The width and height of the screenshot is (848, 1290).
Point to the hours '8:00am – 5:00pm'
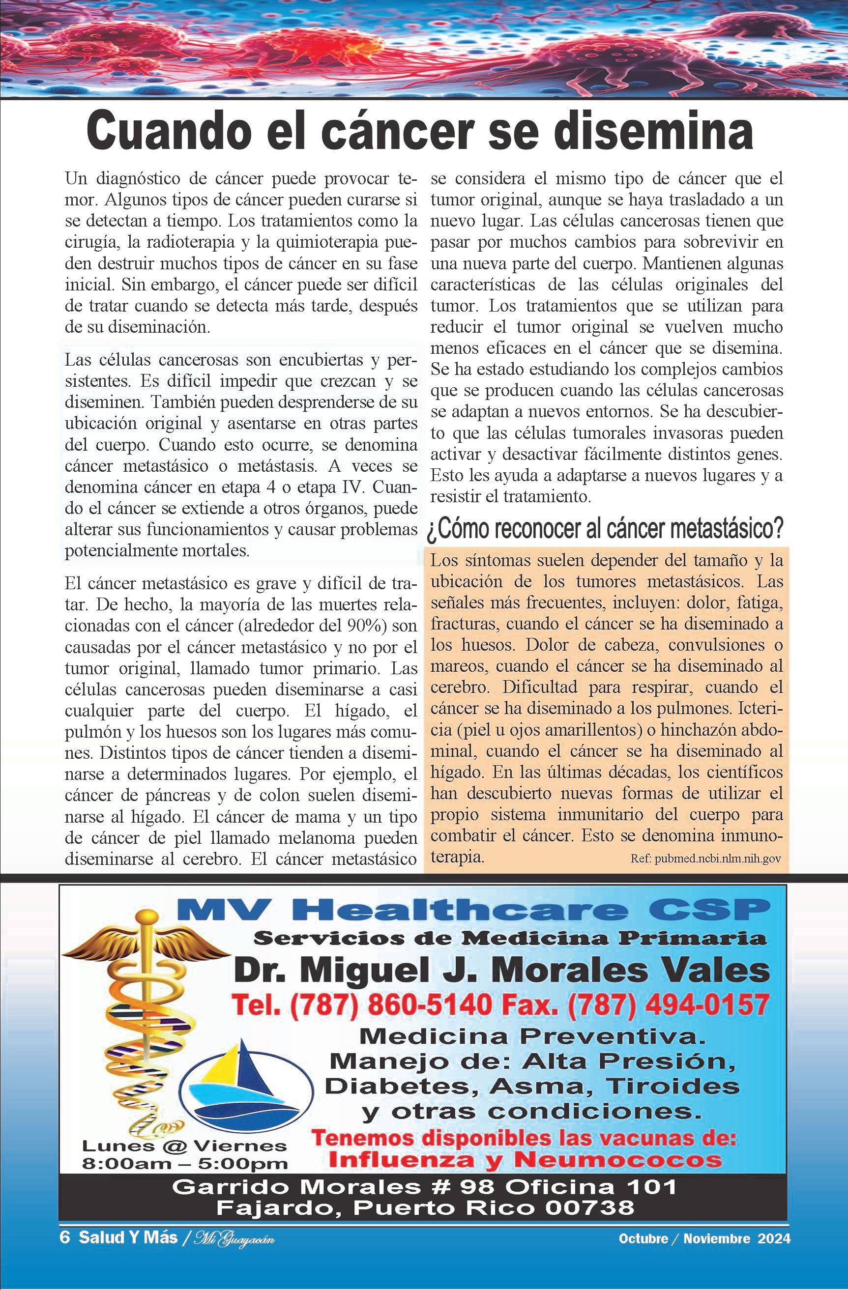[184, 1163]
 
